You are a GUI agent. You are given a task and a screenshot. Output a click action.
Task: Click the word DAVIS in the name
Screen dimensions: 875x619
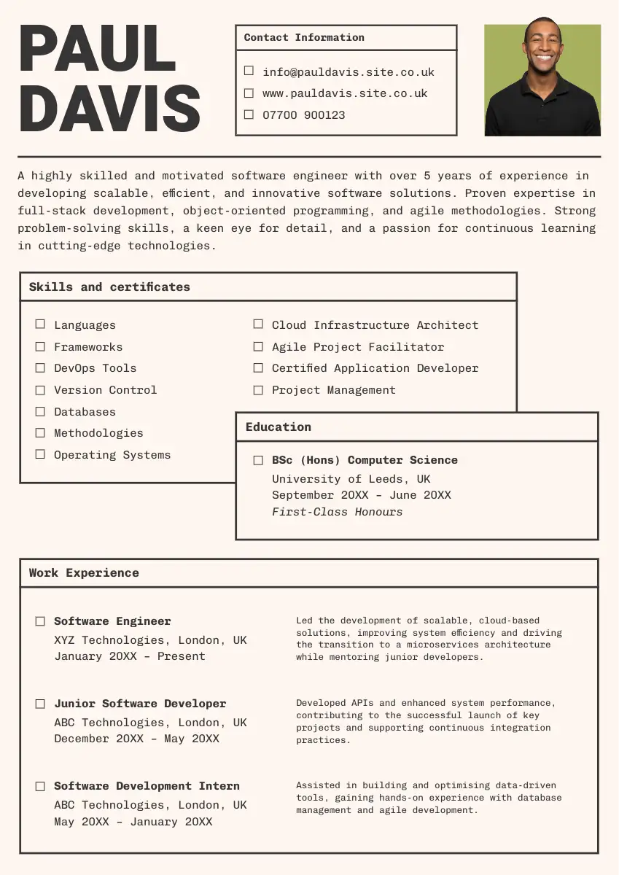[109, 108]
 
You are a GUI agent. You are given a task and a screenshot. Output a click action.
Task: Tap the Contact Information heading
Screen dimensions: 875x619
[304, 37]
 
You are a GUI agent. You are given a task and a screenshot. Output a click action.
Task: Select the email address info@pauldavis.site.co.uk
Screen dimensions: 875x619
[348, 72]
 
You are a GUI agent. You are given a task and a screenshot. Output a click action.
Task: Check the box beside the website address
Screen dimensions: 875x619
[249, 93]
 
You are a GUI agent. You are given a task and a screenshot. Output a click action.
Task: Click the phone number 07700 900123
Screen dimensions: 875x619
[303, 114]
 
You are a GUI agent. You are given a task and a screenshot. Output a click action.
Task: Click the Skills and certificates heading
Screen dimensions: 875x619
[109, 287]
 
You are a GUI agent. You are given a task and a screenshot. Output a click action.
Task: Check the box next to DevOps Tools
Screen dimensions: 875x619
[40, 367]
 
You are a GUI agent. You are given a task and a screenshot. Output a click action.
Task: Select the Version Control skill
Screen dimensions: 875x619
[105, 390]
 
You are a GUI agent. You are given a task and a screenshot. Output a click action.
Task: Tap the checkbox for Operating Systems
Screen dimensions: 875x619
[40, 454]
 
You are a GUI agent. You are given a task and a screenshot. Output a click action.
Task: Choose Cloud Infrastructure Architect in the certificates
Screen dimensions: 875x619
[375, 325]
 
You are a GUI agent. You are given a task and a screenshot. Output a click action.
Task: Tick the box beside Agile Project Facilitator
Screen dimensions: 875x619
[258, 346]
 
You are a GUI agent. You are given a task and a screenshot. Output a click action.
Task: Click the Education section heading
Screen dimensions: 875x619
[279, 427]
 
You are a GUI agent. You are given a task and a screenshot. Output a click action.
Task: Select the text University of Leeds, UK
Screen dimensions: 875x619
[351, 479]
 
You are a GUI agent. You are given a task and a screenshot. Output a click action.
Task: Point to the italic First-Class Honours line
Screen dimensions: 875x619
[337, 512]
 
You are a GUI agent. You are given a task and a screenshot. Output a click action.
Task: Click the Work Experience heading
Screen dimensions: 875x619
[84, 572]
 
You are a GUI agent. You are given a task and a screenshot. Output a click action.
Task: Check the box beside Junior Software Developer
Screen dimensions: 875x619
[40, 704]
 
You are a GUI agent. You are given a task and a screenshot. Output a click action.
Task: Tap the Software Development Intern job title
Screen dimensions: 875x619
[147, 786]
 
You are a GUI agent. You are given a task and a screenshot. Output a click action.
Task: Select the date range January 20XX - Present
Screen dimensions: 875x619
[130, 656]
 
